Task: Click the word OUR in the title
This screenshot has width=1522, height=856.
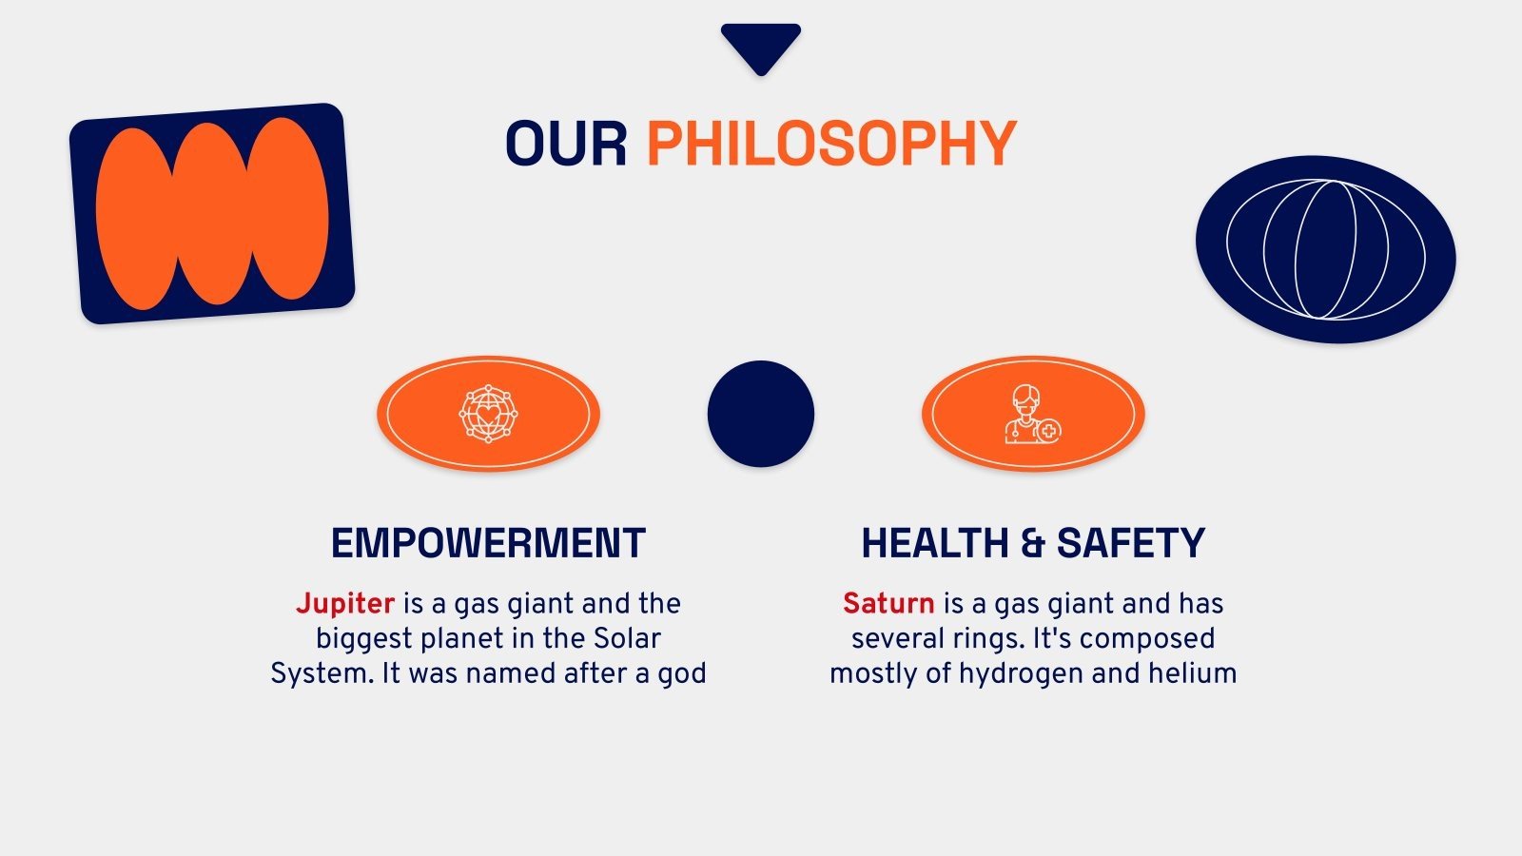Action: pyautogui.click(x=565, y=145)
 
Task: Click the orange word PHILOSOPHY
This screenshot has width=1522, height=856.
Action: pyautogui.click(x=831, y=145)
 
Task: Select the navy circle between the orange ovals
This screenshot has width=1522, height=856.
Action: pyautogui.click(x=761, y=414)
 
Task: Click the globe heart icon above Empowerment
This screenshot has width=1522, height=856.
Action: pyautogui.click(x=488, y=414)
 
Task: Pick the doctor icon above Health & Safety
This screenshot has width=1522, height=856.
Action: pyautogui.click(x=1032, y=414)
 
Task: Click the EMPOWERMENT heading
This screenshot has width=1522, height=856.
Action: pyautogui.click(x=488, y=544)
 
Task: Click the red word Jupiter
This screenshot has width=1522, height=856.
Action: pyautogui.click(x=345, y=604)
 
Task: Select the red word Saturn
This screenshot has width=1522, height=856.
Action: pyautogui.click(x=888, y=604)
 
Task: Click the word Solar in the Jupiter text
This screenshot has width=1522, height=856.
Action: pyautogui.click(x=627, y=638)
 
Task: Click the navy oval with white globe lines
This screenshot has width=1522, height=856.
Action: pyautogui.click(x=1325, y=249)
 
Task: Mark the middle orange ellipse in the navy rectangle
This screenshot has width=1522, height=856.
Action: pyautogui.click(x=212, y=214)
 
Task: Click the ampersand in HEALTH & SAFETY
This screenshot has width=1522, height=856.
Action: pyautogui.click(x=1032, y=544)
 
